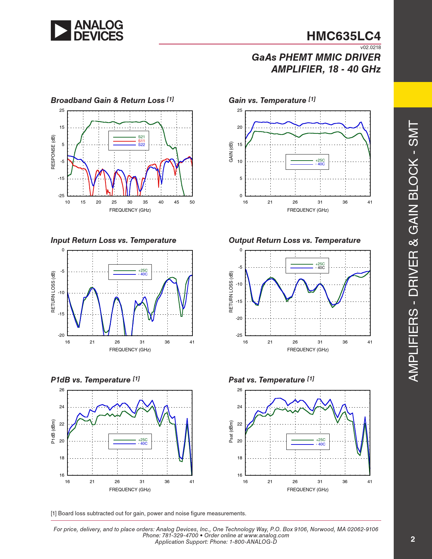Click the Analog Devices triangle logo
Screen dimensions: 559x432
61,30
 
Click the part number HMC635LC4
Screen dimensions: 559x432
344,36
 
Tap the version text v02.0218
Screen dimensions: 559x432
370,47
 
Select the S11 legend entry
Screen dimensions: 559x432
141,141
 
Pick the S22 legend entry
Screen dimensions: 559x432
141,145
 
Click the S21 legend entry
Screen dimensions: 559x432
141,137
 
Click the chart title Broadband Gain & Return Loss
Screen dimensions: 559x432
107,100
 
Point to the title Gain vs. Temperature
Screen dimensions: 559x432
267,100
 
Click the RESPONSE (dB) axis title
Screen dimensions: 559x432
53,152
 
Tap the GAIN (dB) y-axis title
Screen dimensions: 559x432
231,152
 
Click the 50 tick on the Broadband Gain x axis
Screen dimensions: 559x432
192,202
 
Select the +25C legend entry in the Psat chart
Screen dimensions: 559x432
321,440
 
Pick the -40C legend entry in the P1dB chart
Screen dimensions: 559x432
143,444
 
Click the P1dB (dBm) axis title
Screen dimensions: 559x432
53,432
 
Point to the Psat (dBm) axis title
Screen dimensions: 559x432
231,432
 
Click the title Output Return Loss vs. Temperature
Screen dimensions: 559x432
294,240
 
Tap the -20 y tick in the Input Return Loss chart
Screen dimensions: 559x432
61,335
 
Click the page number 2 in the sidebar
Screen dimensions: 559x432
413,539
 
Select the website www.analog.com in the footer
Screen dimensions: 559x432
266,535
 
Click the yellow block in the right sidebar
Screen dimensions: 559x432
413,95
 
